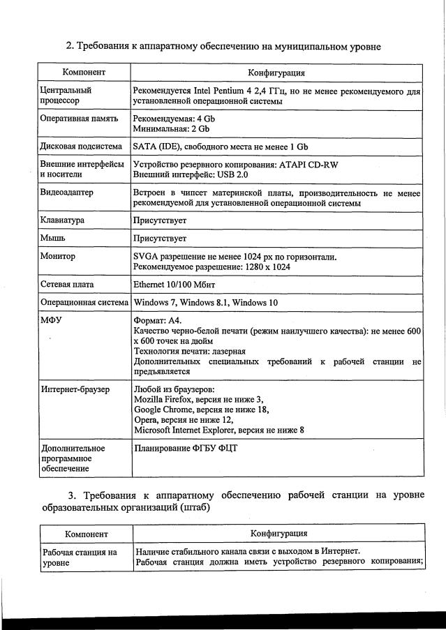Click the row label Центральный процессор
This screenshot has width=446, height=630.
(66, 96)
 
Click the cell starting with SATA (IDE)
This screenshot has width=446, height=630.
(220, 147)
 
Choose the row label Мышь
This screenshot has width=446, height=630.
(54, 239)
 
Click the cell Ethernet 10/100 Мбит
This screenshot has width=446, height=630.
(174, 285)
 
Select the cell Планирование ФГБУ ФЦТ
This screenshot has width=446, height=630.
(185, 447)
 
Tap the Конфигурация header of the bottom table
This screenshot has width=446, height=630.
(278, 534)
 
